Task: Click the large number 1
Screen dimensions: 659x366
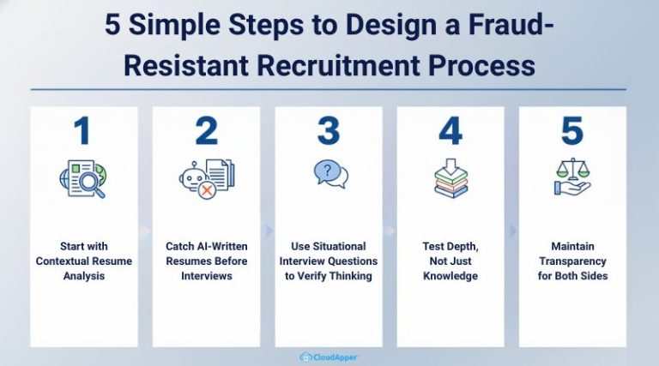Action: pos(82,130)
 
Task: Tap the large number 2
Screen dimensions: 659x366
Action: pos(206,130)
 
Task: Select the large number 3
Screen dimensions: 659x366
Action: pos(329,131)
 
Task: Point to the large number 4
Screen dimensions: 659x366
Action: pos(450,130)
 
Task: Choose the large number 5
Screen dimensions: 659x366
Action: pos(572,131)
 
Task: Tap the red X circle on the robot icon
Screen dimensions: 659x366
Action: pos(207,190)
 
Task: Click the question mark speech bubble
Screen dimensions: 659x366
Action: pos(328,171)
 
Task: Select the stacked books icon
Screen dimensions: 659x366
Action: pos(451,183)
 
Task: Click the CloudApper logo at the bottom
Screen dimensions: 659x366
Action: pos(329,357)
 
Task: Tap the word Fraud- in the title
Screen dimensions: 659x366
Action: pos(511,25)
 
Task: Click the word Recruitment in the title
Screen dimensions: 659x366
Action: pos(338,65)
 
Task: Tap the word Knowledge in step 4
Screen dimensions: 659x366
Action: pos(450,276)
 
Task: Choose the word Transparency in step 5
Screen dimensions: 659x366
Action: pos(572,261)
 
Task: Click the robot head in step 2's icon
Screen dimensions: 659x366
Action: pos(193,177)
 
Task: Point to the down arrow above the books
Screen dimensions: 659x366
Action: pos(451,166)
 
